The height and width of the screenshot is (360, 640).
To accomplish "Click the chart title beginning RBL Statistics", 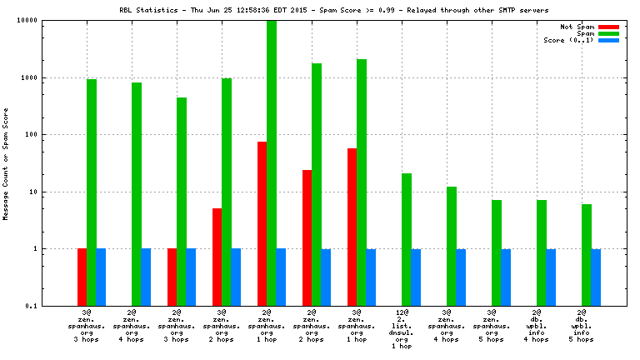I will (319, 10).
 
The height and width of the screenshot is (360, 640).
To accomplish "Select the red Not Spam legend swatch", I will (608, 27).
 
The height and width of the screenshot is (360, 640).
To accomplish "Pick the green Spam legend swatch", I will (608, 33).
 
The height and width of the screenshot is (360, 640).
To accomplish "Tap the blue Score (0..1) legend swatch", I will (608, 40).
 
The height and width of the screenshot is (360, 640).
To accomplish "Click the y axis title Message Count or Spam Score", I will (7, 163).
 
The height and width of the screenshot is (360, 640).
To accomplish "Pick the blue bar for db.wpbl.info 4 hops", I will (551, 277).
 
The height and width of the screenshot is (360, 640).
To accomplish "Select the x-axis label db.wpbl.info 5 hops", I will (582, 326).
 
